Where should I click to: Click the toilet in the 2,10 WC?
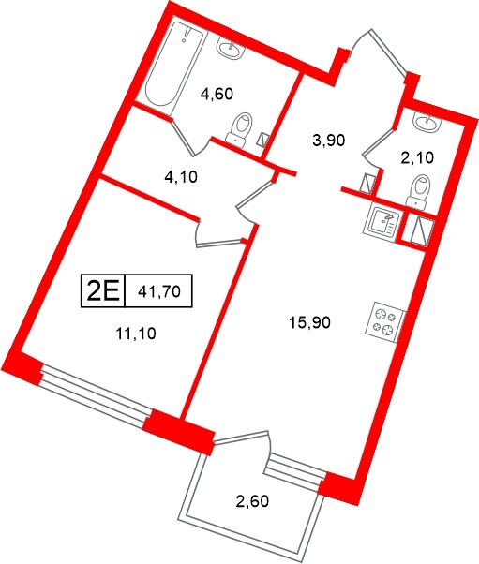420,190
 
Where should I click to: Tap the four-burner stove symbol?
385,321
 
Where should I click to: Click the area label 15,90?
310,322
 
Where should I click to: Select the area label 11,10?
136,334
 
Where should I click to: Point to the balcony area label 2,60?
252,500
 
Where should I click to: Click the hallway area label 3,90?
329,140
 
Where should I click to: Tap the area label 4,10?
181,177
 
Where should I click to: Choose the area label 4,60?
217,94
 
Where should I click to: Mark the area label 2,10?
417,157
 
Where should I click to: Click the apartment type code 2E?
102,291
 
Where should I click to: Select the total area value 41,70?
158,291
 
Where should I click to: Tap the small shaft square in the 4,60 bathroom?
262,140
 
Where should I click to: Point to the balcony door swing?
267,452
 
